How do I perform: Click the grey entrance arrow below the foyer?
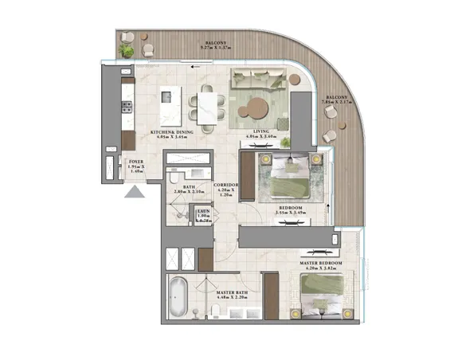coord(135,191)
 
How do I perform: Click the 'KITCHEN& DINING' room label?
coord(173,133)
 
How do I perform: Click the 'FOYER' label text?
coord(136,162)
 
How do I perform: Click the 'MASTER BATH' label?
coord(231,292)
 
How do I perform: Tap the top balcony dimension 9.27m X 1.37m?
coord(217,49)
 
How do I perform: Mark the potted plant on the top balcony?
coord(127,50)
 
